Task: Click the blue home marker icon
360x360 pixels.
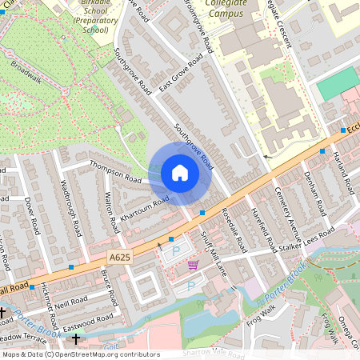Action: (x=180, y=173)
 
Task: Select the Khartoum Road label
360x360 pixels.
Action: (x=145, y=205)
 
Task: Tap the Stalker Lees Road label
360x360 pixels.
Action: (x=306, y=246)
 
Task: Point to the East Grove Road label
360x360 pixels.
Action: (x=180, y=75)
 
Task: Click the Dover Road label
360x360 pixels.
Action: (x=32, y=216)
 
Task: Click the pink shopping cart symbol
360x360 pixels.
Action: (x=192, y=265)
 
